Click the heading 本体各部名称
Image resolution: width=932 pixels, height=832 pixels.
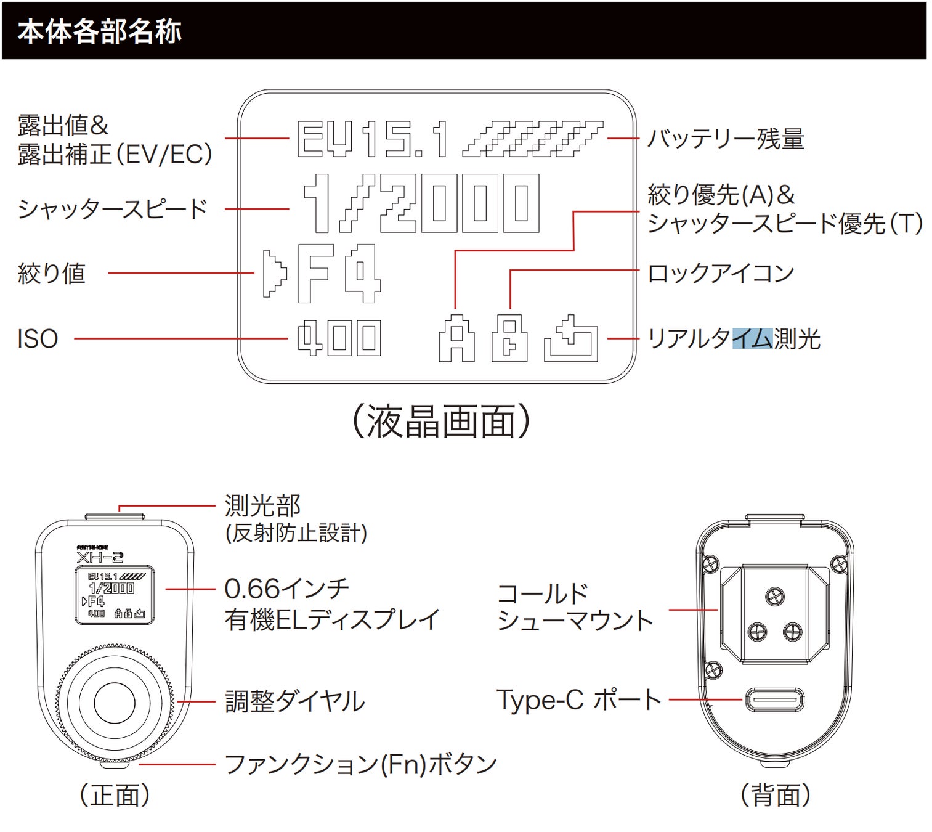click(99, 31)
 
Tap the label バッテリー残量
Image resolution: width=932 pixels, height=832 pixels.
click(725, 139)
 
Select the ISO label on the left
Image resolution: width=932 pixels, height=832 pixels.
click(38, 339)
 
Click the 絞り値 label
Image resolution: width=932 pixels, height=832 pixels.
click(52, 273)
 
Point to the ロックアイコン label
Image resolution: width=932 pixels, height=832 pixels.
click(721, 273)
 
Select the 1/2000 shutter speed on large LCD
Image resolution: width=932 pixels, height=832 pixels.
click(421, 203)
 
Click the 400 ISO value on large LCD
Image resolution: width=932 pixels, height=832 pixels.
click(339, 338)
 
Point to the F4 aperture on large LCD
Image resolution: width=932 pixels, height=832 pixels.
click(338, 273)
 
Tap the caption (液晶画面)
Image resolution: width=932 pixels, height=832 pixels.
click(440, 422)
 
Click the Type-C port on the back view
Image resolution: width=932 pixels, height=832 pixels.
click(775, 700)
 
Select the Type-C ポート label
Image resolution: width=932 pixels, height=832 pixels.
click(578, 700)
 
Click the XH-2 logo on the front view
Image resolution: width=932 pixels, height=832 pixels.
click(100, 557)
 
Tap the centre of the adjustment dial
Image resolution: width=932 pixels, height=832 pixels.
click(114, 702)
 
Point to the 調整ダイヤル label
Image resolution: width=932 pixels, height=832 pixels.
click(294, 701)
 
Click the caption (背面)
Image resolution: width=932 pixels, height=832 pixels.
click(775, 795)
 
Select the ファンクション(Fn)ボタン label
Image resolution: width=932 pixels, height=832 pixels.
click(360, 764)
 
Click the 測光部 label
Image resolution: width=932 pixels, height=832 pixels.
click(262, 506)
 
